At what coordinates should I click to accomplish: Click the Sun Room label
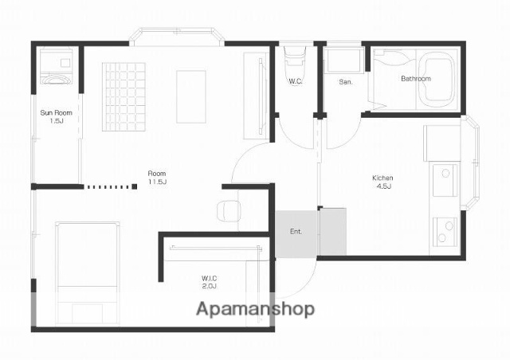[57, 113]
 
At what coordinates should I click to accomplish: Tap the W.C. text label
[296, 81]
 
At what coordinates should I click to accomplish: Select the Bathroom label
[416, 78]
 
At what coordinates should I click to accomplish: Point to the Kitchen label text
[382, 178]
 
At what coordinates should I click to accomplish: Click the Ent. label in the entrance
[296, 232]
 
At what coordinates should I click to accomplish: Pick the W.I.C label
[209, 279]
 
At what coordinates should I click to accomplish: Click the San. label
[345, 82]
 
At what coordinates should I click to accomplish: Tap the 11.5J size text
[157, 182]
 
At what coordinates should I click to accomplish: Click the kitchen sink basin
[445, 180]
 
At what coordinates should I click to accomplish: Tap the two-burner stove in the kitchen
[445, 231]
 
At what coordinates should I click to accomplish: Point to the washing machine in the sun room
[56, 67]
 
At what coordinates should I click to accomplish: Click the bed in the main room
[87, 273]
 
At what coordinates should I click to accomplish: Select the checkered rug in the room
[124, 97]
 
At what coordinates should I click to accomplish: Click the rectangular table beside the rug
[191, 97]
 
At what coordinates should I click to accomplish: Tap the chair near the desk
[229, 211]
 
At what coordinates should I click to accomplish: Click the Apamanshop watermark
[255, 309]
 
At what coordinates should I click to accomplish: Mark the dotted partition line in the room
[111, 187]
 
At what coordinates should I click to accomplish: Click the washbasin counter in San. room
[345, 61]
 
